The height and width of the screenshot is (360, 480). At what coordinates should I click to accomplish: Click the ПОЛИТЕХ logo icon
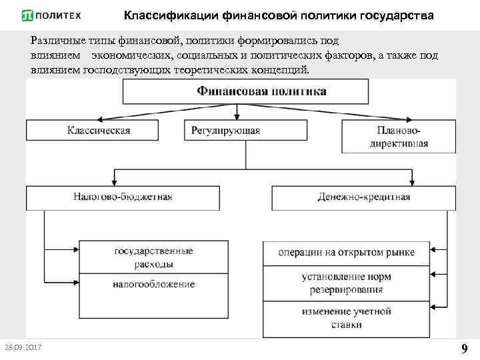tap(29, 15)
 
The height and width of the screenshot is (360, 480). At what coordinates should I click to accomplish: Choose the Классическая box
tap(98, 130)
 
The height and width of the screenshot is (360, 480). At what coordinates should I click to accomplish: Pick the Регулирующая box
tap(225, 130)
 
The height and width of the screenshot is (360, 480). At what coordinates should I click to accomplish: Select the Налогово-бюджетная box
tap(123, 197)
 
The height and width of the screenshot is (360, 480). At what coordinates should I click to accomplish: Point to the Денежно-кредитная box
tap(363, 197)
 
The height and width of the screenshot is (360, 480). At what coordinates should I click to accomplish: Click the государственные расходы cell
tap(154, 257)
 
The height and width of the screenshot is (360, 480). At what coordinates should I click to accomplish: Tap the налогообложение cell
tap(154, 285)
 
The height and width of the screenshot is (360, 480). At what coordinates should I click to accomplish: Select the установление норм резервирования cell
tap(346, 283)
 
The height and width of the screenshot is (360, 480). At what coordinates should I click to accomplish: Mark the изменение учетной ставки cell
tap(346, 318)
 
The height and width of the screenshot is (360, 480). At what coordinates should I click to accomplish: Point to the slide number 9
tap(464, 348)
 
